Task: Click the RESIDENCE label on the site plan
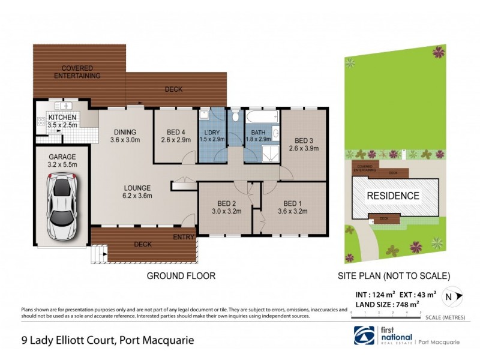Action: coord(393,196)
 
